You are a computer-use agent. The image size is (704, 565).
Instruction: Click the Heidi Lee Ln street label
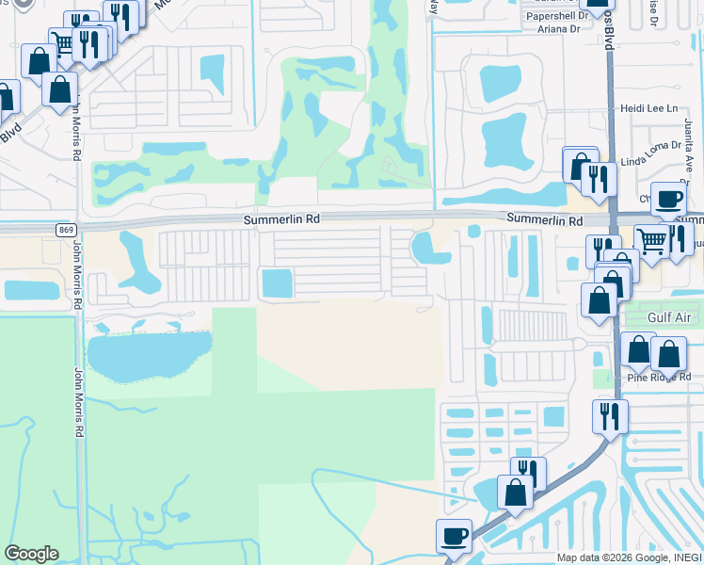[x=648, y=108]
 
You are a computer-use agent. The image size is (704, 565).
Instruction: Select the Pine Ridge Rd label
[x=659, y=377]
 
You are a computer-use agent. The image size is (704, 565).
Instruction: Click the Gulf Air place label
[x=670, y=318]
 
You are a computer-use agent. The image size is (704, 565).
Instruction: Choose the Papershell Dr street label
[x=557, y=15]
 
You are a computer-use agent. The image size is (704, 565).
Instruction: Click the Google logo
[x=31, y=554]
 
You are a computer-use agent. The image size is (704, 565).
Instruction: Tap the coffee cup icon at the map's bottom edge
[x=454, y=536]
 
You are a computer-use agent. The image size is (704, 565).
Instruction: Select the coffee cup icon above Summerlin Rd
[x=668, y=198]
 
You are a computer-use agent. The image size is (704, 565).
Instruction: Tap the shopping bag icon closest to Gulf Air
[x=600, y=301]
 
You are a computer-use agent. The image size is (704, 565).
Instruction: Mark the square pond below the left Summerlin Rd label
[x=277, y=282]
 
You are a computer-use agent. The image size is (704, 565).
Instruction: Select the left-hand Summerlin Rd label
[x=282, y=218]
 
